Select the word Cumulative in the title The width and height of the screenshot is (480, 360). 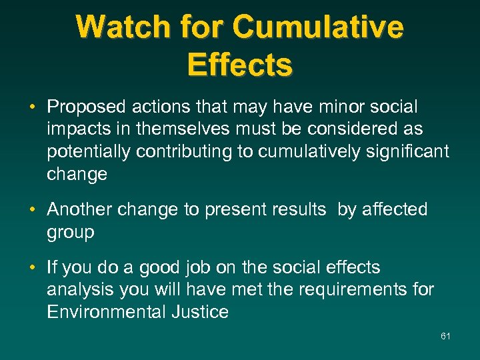[x=318, y=28]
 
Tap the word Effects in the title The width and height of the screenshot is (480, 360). [x=240, y=65]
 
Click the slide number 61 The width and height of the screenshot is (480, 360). [x=445, y=336]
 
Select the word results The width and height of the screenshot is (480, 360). [x=299, y=209]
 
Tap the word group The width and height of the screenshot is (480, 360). [x=71, y=233]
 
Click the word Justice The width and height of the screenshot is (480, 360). [x=199, y=313]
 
